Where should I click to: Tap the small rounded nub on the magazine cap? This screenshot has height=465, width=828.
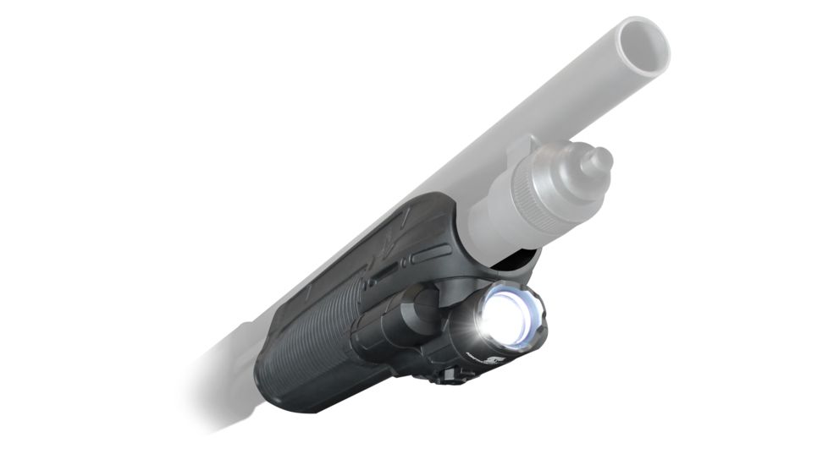tap(599, 160)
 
